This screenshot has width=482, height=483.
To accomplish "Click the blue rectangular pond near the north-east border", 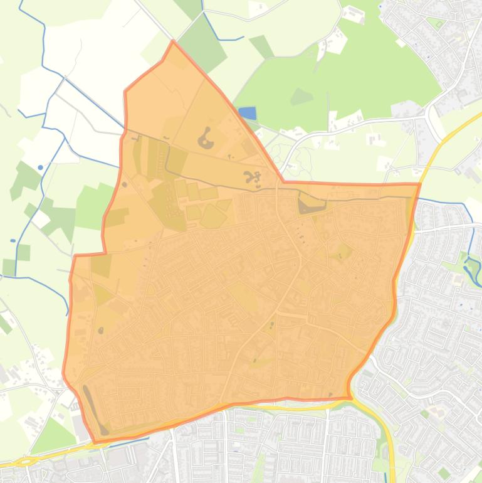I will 248,113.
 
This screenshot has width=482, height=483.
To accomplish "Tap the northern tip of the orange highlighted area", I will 173,42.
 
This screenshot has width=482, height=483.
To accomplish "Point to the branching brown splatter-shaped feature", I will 253,179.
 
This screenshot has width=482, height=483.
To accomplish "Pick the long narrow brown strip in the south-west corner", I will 95,408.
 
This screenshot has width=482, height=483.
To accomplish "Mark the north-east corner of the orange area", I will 419,184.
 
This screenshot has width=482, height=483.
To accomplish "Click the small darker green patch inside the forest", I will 301,97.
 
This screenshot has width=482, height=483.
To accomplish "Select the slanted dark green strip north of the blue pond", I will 261,46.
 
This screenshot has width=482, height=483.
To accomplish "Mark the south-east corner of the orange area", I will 349,397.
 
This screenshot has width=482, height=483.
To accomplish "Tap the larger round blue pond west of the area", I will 41,167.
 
